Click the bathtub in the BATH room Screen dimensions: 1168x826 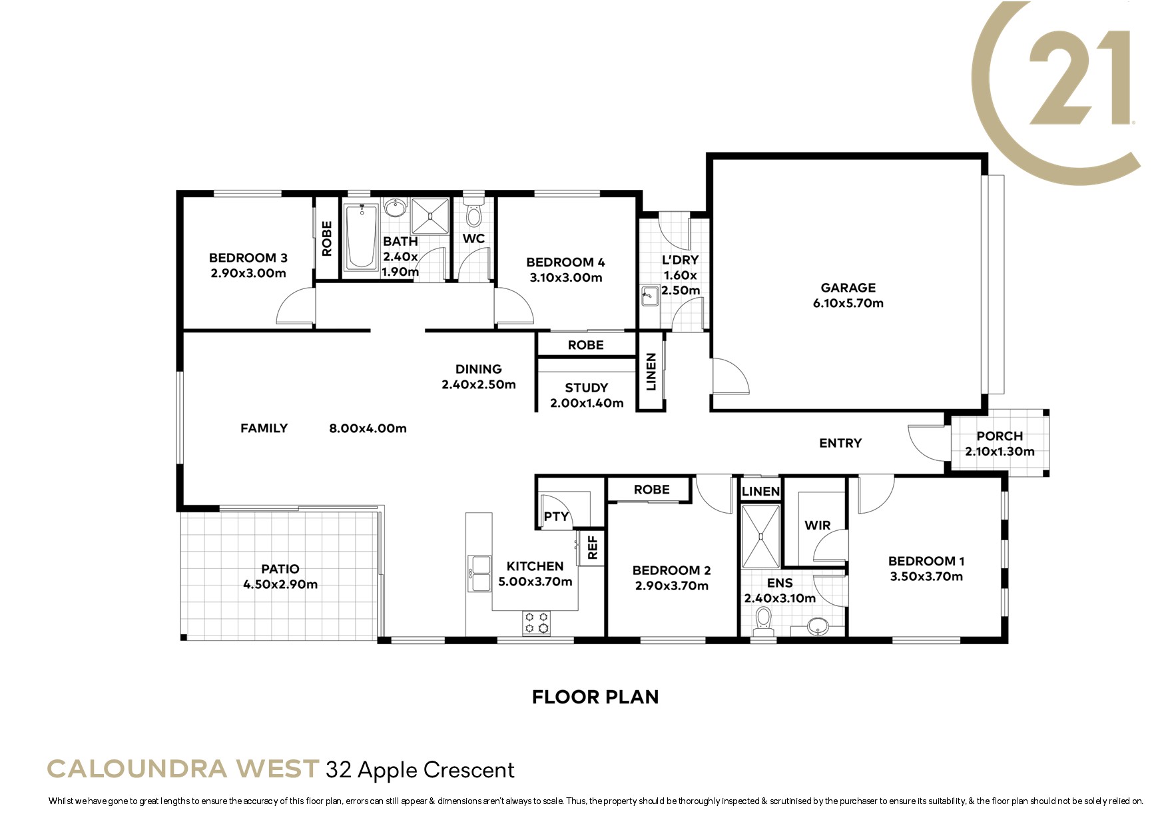[361, 236]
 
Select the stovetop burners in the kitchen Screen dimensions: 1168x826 [537, 623]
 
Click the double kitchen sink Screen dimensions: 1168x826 [479, 574]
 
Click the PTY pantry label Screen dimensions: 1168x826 [556, 516]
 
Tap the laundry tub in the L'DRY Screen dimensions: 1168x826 [650, 295]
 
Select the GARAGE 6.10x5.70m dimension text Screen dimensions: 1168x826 [848, 303]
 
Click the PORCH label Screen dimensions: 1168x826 [1000, 436]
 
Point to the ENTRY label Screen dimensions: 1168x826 [840, 443]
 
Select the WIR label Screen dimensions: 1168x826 [817, 526]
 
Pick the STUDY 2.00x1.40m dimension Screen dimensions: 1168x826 [587, 403]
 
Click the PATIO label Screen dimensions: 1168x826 [280, 569]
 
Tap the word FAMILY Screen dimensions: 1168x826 [264, 428]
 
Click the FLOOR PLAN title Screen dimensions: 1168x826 [595, 697]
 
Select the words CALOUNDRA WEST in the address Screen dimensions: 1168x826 [182, 769]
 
